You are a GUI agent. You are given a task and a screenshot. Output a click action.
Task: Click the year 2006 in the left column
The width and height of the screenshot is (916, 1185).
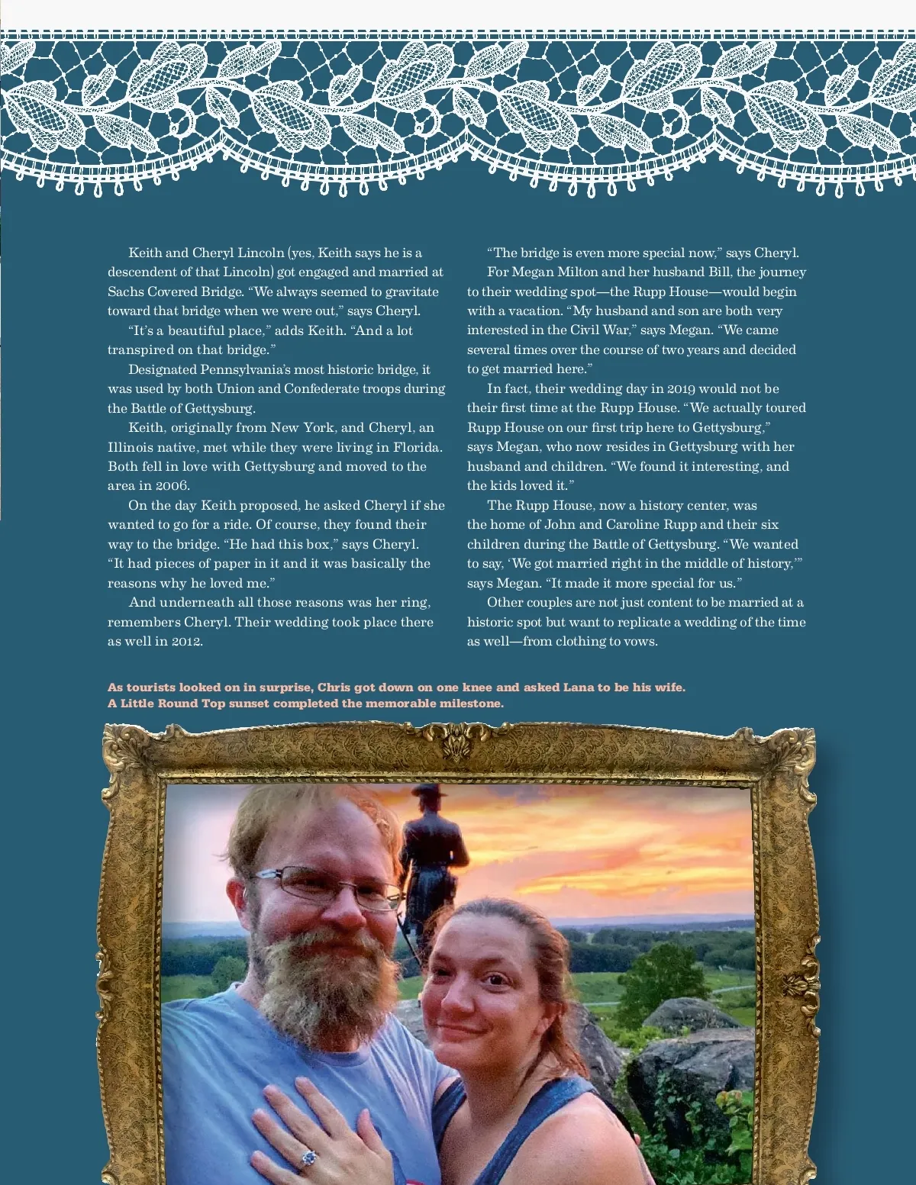172,486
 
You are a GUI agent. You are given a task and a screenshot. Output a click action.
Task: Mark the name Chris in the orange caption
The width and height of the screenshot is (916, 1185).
334,687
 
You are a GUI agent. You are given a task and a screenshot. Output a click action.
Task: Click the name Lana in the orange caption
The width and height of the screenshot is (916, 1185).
579,687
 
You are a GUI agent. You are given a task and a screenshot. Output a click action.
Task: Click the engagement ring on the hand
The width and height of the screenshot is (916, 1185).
308,1158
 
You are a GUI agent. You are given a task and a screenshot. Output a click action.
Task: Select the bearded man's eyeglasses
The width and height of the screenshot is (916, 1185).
328,888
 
